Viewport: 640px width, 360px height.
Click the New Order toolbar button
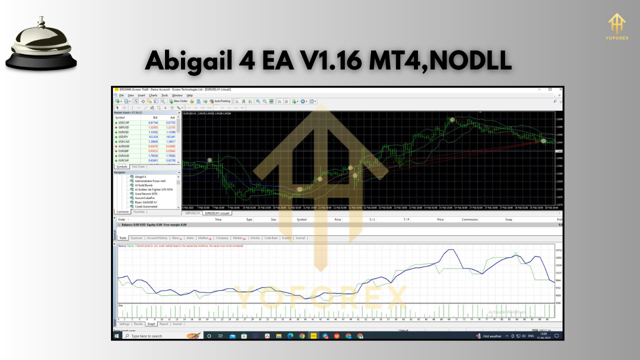[178, 101]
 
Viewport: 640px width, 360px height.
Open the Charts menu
[153, 95]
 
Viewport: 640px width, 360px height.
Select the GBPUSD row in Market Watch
[122, 127]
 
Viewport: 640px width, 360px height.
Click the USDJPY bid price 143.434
[153, 136]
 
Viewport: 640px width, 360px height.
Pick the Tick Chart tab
[138, 166]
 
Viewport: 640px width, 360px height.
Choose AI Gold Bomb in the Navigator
[144, 185]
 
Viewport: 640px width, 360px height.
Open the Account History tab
[157, 238]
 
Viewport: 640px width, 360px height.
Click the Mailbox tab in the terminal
[204, 238]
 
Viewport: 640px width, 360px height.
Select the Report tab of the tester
[164, 324]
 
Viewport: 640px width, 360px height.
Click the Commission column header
[469, 219]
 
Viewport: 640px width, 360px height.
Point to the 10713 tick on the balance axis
[558, 249]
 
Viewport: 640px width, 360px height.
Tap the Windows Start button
[116, 336]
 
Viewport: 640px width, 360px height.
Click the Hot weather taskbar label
[492, 336]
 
